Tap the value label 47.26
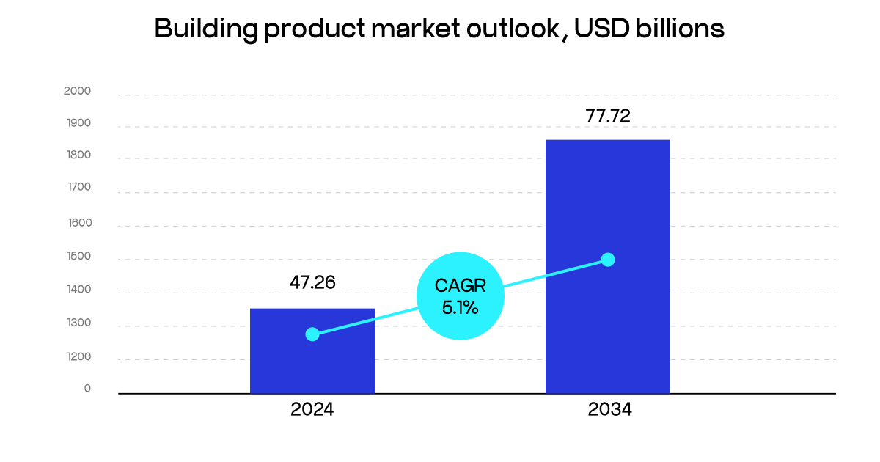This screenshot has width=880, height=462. pyautogui.click(x=312, y=282)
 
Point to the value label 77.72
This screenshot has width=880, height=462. pyautogui.click(x=608, y=115)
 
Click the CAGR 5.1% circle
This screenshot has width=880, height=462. pyautogui.click(x=461, y=296)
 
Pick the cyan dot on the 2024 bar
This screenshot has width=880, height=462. pyautogui.click(x=312, y=334)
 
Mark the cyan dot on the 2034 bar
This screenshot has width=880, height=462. pyautogui.click(x=607, y=260)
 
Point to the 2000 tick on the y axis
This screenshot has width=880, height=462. pyautogui.click(x=77, y=91)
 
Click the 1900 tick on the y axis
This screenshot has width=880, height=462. pyautogui.click(x=77, y=123)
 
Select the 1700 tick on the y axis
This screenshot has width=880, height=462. pyautogui.click(x=77, y=187)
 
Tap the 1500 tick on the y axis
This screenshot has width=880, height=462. pyautogui.click(x=77, y=257)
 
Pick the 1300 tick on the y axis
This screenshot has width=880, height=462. pyautogui.click(x=77, y=323)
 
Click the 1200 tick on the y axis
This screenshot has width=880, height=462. pyautogui.click(x=77, y=357)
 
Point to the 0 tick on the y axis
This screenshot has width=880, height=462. pyautogui.click(x=87, y=389)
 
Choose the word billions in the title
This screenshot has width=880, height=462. pyautogui.click(x=683, y=29)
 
